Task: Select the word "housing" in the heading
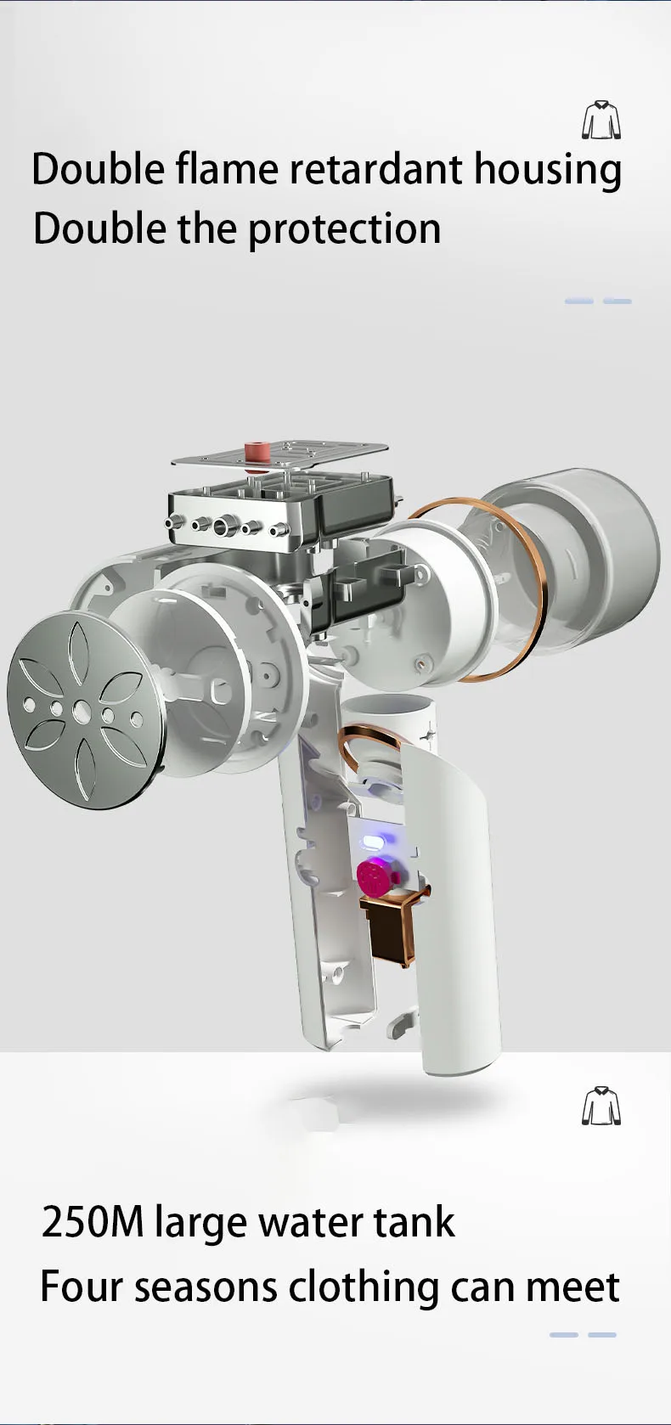tap(548, 172)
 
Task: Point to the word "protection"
tap(344, 229)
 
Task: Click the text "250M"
tap(93, 1223)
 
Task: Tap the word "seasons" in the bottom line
tap(206, 1287)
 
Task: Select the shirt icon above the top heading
tap(601, 120)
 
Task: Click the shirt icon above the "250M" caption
tap(601, 1106)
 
